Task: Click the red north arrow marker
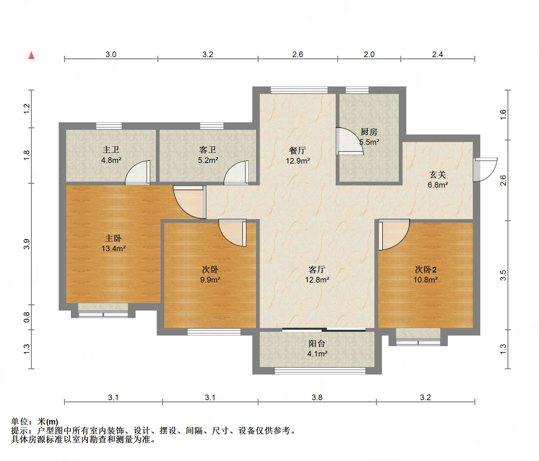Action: [x=31, y=55]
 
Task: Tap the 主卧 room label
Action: [x=113, y=238]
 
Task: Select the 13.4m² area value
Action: [x=113, y=249]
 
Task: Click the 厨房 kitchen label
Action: [x=369, y=132]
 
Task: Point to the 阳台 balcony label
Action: [x=317, y=344]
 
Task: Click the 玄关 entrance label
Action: [x=438, y=175]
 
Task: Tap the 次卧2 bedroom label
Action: [x=426, y=269]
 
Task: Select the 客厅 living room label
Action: [x=317, y=269]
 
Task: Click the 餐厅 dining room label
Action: [x=298, y=150]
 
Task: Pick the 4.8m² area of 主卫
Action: [x=111, y=160]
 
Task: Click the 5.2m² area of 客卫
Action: [x=208, y=160]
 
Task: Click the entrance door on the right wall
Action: [x=485, y=170]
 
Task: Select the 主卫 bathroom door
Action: [x=138, y=173]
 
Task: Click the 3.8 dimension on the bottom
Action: [x=317, y=397]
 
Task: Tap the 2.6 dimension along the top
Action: [x=298, y=54]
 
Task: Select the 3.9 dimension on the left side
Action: [x=27, y=244]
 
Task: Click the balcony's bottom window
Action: [x=320, y=371]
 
